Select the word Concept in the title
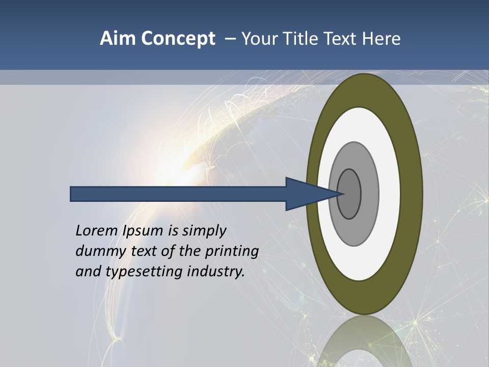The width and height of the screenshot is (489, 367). click(x=178, y=39)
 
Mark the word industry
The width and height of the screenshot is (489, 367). click(x=216, y=272)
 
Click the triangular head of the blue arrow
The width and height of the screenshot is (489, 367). click(x=306, y=194)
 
